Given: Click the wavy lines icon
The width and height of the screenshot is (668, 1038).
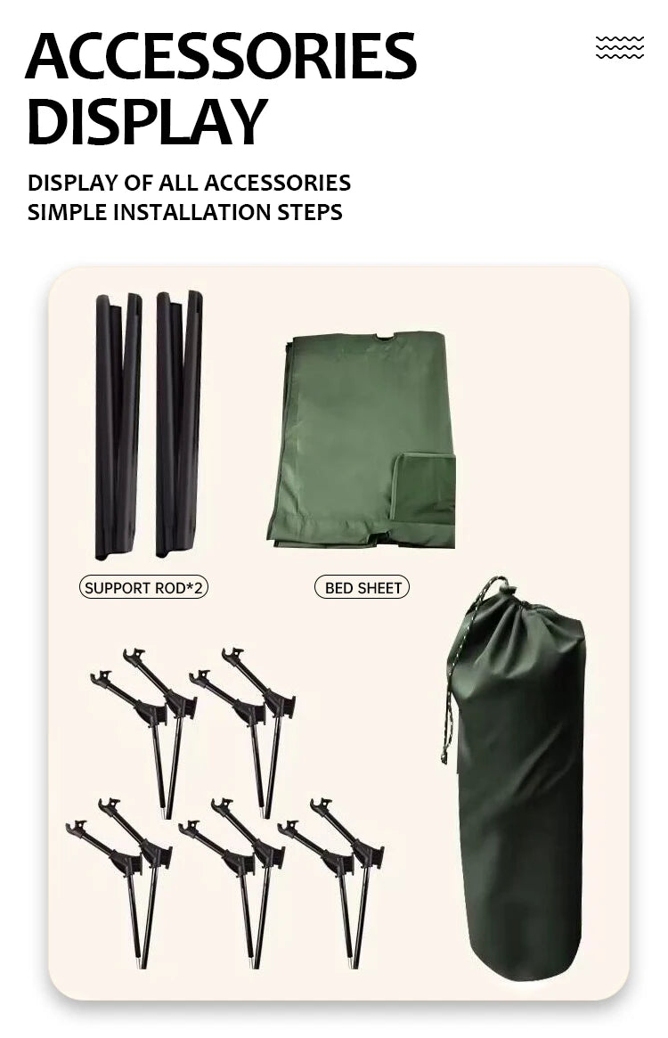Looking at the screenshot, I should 619,48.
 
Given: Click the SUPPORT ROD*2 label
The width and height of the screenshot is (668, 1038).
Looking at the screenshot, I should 143,587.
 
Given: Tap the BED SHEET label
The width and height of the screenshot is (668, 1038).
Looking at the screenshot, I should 362,587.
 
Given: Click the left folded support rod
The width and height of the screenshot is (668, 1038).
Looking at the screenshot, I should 118,425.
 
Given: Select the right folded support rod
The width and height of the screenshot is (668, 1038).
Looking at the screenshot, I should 179,423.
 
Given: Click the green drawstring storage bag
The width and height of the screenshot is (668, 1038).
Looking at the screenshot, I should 521,802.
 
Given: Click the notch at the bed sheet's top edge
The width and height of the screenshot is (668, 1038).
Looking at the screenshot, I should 384,337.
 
